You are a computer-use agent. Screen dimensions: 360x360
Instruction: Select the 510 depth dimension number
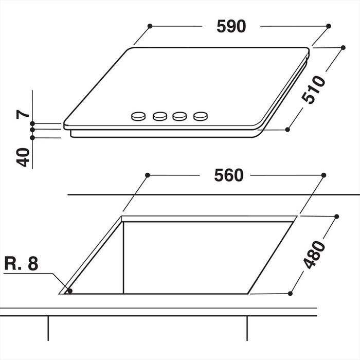pos(314,89)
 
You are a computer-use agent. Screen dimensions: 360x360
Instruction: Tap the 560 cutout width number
pos(228,175)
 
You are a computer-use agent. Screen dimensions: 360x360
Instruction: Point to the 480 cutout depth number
pos(315,255)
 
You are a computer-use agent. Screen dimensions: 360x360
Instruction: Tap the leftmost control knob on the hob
pos(138,117)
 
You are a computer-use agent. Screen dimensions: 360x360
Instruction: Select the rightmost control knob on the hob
pos(200,117)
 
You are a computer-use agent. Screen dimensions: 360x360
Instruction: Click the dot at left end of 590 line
pos(150,25)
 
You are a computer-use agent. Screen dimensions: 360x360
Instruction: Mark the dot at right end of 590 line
pos(329,25)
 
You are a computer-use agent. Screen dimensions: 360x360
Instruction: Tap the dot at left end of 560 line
pos(147,175)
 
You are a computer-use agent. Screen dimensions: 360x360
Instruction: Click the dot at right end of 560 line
pos(323,175)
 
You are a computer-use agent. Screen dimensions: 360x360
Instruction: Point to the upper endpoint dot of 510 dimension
pos(343,47)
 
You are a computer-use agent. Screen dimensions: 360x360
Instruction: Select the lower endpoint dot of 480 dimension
pos(290,294)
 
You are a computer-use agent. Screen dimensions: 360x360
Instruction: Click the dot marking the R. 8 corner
pos(70,291)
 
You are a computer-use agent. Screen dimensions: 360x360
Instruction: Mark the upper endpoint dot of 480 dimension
pos(337,217)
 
